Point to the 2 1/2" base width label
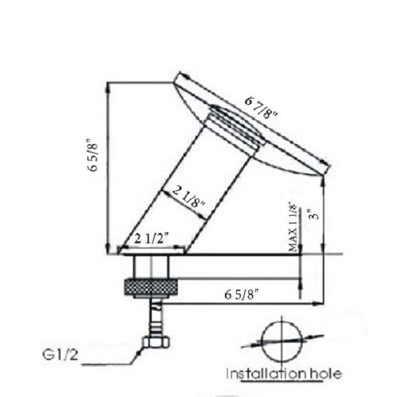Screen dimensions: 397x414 [151, 239]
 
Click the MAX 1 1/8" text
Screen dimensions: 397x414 [293, 227]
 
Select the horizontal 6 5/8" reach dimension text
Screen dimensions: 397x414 [241, 294]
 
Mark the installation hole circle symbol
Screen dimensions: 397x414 [282, 338]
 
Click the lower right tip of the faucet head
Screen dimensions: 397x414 [324, 170]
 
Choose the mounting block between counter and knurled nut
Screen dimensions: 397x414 [146, 266]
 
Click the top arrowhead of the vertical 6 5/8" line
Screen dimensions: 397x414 [109, 87]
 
